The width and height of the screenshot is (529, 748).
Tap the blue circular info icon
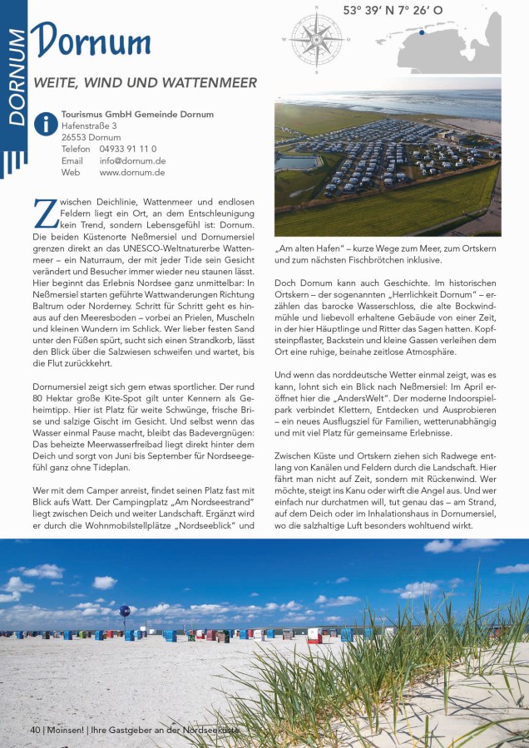pos(45,124)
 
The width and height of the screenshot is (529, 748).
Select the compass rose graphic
pos(316,37)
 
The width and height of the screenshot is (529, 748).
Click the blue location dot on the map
pos(422,33)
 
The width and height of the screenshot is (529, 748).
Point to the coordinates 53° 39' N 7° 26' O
pos(393,11)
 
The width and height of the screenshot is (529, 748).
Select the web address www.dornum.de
pos(132,173)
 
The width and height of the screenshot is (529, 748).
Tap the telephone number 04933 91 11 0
pos(127,149)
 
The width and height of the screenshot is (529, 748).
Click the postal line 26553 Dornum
pos(91,137)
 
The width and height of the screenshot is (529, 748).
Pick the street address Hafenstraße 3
pos(89,125)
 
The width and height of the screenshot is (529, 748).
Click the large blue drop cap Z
pos(43,213)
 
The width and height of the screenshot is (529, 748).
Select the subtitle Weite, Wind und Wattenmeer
pos(145,83)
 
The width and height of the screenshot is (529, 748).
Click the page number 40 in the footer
pos(35,730)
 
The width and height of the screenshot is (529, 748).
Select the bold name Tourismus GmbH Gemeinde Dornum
pos(137,114)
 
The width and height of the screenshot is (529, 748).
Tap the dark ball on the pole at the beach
pos(125,610)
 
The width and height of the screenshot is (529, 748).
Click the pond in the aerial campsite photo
pos(297,164)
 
